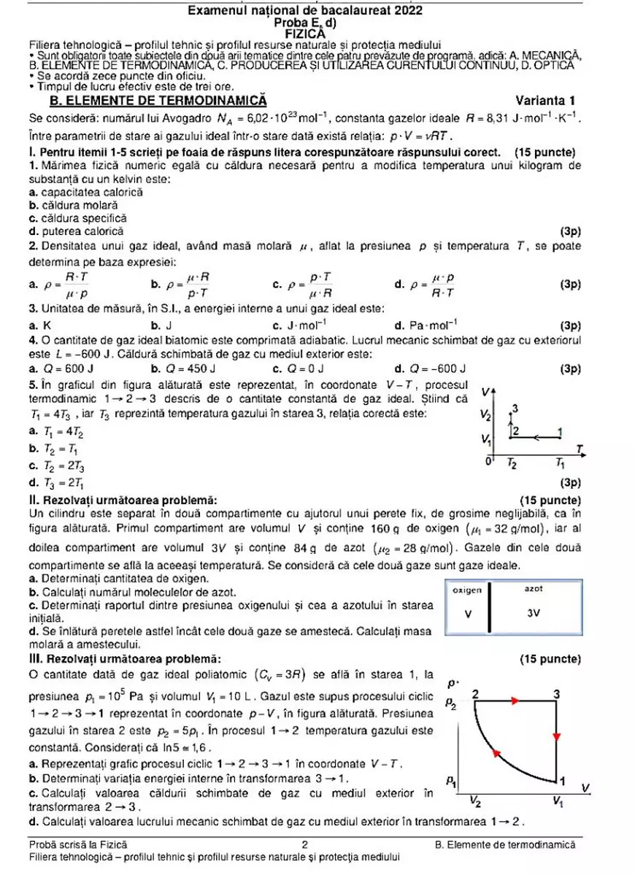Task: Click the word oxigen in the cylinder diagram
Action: pyautogui.click(x=467, y=589)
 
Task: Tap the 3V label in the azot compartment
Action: pyautogui.click(x=534, y=613)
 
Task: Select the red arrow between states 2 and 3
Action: pyautogui.click(x=515, y=701)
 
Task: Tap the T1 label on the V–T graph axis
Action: pyautogui.click(x=559, y=464)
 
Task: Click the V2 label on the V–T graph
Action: pyautogui.click(x=486, y=415)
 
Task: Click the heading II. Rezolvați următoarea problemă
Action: pyautogui.click(x=122, y=500)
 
